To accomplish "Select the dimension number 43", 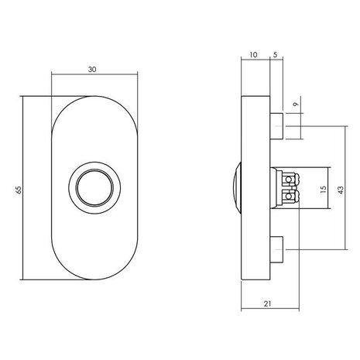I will [349, 187].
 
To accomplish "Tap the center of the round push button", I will [95, 188].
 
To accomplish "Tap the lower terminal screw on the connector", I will [290, 197].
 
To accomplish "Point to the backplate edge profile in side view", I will [253, 187].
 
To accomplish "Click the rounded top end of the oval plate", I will [95, 101].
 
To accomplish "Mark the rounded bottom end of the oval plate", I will [95, 276].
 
